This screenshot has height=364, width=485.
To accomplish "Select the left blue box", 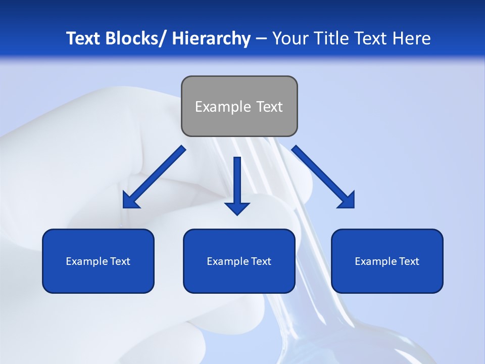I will (98, 261).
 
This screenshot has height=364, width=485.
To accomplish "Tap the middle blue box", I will (239, 261).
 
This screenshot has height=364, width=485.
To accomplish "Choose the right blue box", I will (387, 261).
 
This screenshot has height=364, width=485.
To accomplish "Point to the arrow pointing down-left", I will (154, 177).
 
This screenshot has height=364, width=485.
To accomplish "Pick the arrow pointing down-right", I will (323, 177).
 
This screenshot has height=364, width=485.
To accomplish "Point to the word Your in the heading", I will (288, 38).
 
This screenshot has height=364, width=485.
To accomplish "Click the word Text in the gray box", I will (269, 107).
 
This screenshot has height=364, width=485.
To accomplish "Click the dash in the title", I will (261, 38).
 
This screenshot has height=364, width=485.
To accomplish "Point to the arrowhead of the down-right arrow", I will (348, 201).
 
